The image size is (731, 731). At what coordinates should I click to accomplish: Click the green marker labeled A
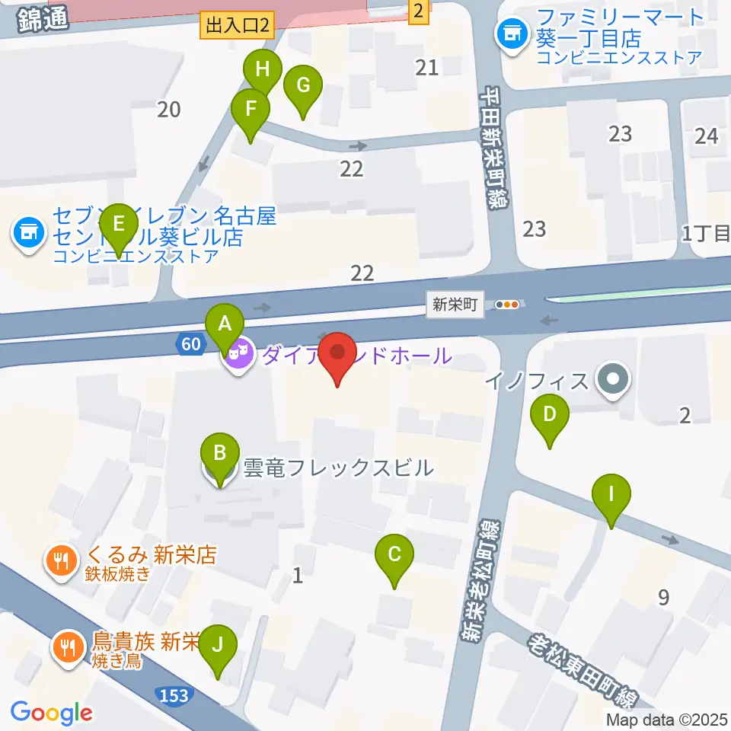(x=225, y=324)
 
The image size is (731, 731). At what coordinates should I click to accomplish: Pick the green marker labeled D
(x=550, y=417)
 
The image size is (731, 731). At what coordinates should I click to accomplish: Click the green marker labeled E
(x=118, y=225)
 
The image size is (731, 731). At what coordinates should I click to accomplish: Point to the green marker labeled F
(x=251, y=110)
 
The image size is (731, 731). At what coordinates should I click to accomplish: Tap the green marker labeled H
(x=263, y=71)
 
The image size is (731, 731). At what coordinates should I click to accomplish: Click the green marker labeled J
(x=218, y=646)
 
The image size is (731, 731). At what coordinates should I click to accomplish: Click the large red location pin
(x=337, y=353)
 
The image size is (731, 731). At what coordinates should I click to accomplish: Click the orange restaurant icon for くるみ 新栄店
(x=60, y=562)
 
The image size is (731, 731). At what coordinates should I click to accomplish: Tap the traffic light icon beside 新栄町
(x=507, y=305)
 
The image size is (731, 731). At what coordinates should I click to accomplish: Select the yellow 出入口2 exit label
(x=236, y=27)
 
